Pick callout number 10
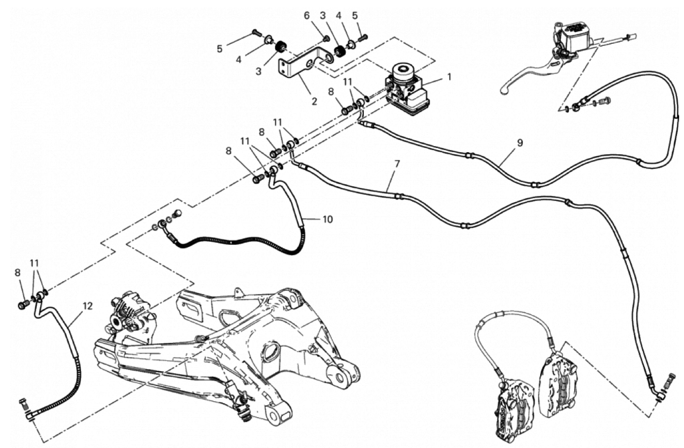[328, 219]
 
